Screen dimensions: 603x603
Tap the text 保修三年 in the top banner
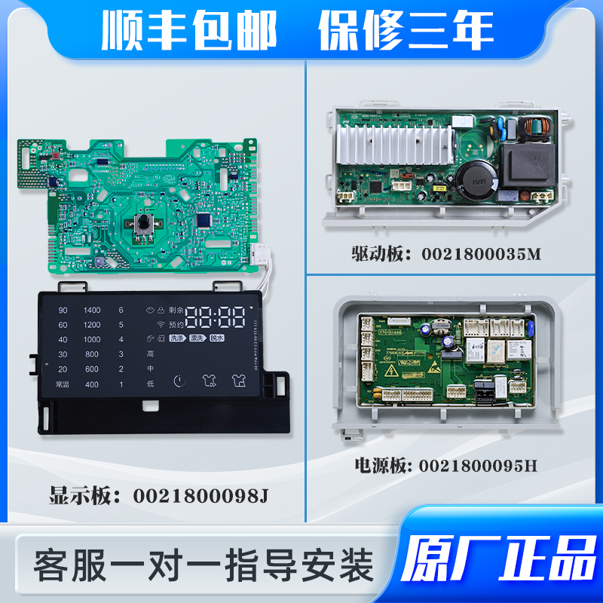(406, 31)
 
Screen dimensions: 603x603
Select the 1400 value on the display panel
(92, 310)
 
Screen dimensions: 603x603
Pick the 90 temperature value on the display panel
(63, 310)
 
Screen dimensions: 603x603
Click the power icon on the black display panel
(179, 382)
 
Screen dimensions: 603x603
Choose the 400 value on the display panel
(92, 384)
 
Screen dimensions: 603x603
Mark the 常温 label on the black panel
(63, 384)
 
